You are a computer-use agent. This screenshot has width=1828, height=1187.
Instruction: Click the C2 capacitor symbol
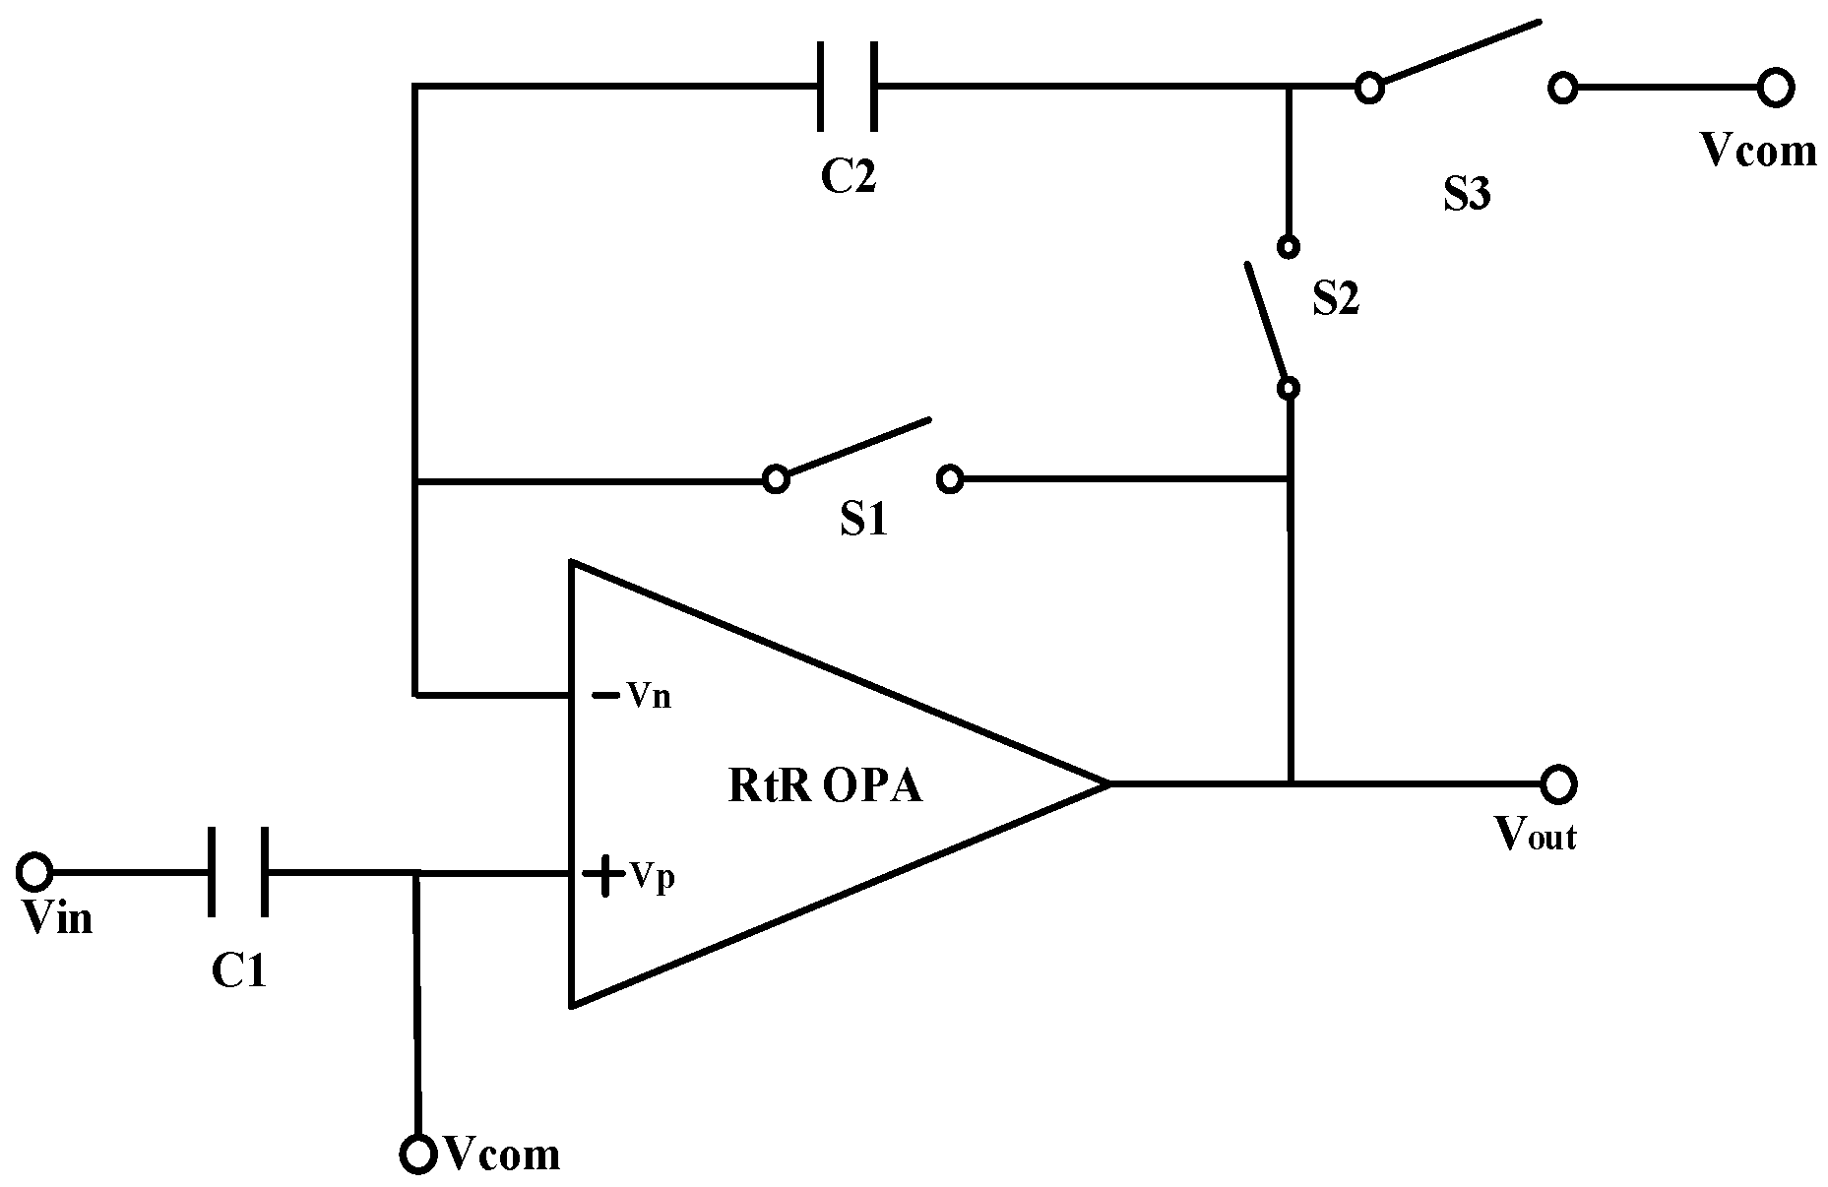(848, 87)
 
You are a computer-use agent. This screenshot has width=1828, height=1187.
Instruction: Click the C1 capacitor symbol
(237, 872)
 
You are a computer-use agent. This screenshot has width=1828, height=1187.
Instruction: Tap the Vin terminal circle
(34, 871)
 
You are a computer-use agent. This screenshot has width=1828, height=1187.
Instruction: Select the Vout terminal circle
(1558, 784)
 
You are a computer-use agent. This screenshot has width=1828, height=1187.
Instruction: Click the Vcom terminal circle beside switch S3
(1775, 88)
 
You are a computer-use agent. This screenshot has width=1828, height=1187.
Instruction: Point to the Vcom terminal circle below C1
(418, 1155)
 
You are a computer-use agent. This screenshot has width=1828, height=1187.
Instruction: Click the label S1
(863, 520)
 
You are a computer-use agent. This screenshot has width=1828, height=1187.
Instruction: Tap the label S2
(1336, 298)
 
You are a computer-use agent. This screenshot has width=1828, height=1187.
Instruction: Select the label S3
(1467, 195)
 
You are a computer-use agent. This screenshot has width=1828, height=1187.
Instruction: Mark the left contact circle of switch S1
(776, 479)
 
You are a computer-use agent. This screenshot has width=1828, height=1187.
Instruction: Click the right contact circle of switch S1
(950, 479)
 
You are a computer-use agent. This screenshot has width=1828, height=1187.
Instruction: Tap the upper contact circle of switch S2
(1289, 246)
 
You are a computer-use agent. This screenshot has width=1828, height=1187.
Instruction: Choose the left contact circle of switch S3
(1368, 88)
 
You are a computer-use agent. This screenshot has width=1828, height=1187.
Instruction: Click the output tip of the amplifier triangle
(1107, 783)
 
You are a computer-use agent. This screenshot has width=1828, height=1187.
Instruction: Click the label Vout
(1536, 836)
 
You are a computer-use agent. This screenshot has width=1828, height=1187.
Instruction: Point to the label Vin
(58, 918)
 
